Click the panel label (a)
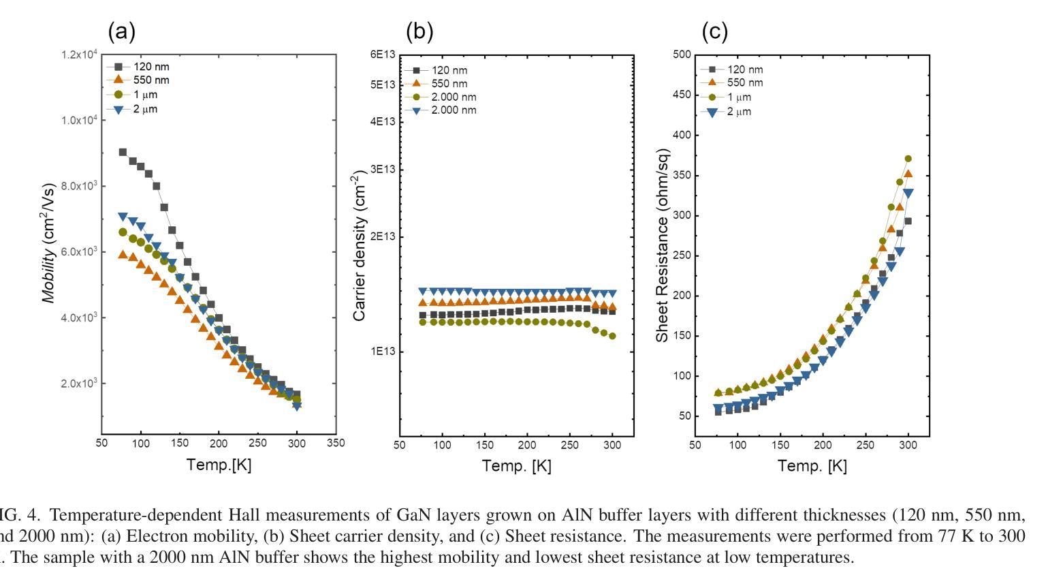(122, 31)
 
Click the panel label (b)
(419, 31)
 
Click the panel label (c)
(715, 31)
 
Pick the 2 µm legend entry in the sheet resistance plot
(731, 112)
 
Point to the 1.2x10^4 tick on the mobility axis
(80, 55)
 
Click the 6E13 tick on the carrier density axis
(383, 55)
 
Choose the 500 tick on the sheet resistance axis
(682, 55)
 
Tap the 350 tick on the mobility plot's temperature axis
(336, 443)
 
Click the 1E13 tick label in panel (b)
(383, 352)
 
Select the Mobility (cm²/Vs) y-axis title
(48, 243)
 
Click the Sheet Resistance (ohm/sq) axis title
(662, 245)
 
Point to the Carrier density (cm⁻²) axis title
(359, 248)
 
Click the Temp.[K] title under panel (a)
(219, 465)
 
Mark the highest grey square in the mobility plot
(123, 152)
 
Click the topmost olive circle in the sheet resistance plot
(908, 159)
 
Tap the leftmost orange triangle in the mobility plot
(123, 255)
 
